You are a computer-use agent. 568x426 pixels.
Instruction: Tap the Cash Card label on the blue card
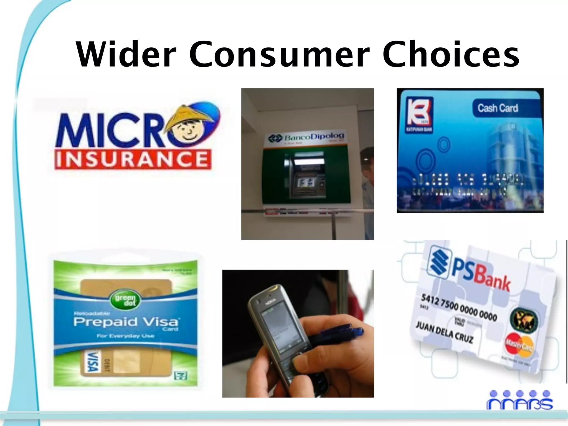click(498, 108)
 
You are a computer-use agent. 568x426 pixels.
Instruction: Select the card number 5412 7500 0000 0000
click(459, 308)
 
